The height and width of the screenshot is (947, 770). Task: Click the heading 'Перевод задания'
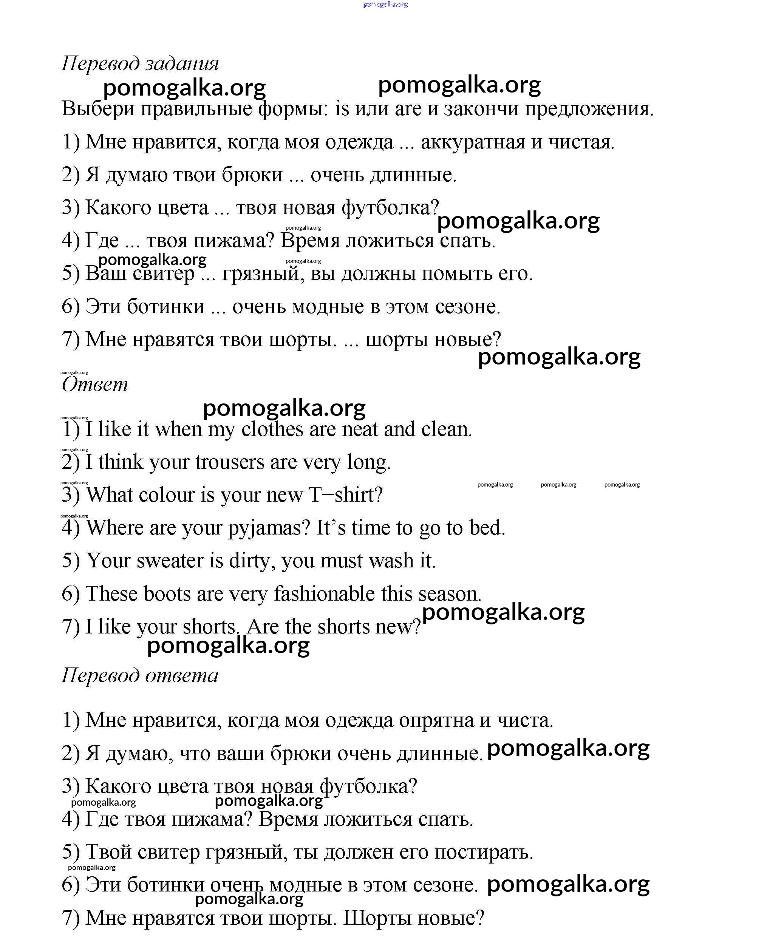tap(140, 63)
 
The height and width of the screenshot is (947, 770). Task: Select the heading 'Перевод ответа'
tap(140, 675)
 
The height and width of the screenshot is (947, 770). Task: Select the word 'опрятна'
tap(436, 720)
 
